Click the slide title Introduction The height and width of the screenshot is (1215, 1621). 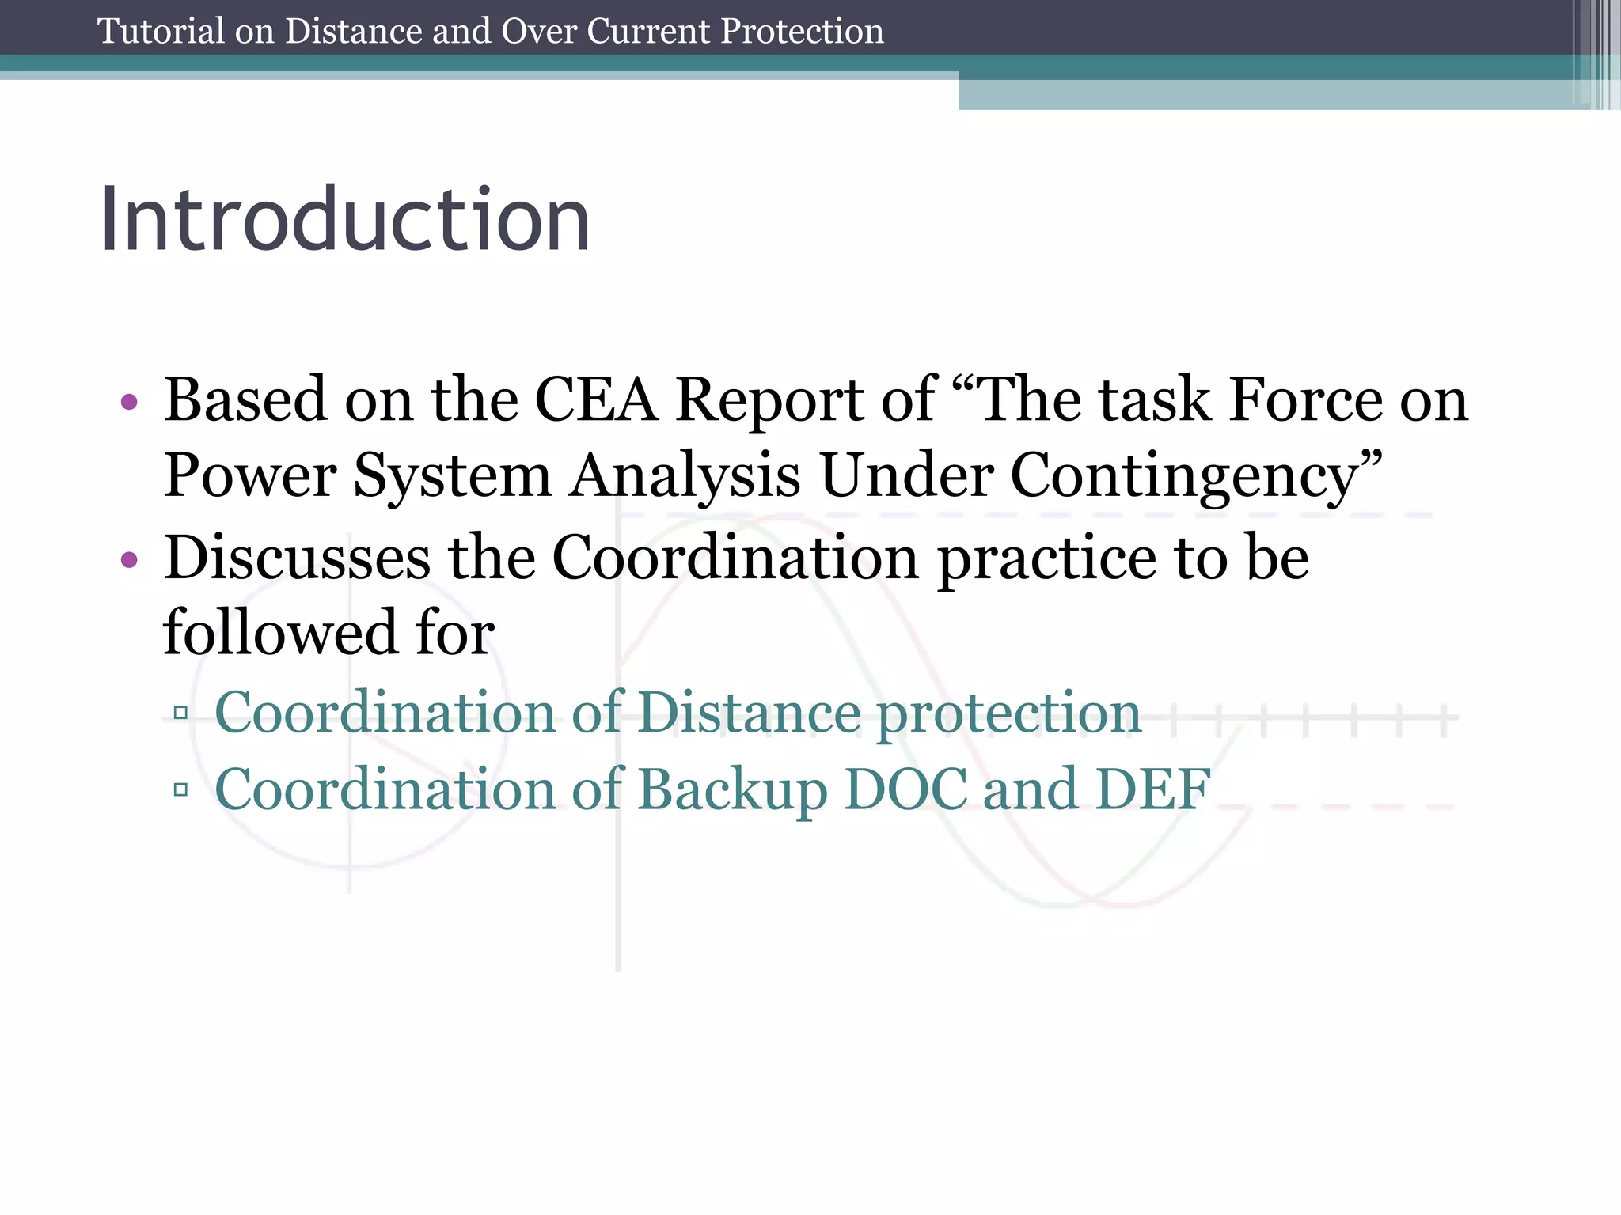[x=344, y=219]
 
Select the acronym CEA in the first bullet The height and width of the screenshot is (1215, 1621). [x=596, y=400]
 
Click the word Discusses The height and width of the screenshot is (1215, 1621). [x=298, y=558]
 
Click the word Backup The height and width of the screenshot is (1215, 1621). [x=732, y=790]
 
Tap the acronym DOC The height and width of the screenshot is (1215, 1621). [x=905, y=789]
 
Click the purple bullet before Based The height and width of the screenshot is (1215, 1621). [x=129, y=403]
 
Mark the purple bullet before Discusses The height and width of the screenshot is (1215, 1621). [x=129, y=561]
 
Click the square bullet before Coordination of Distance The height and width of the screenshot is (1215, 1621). [x=180, y=713]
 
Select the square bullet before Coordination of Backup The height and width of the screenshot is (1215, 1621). [x=180, y=789]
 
